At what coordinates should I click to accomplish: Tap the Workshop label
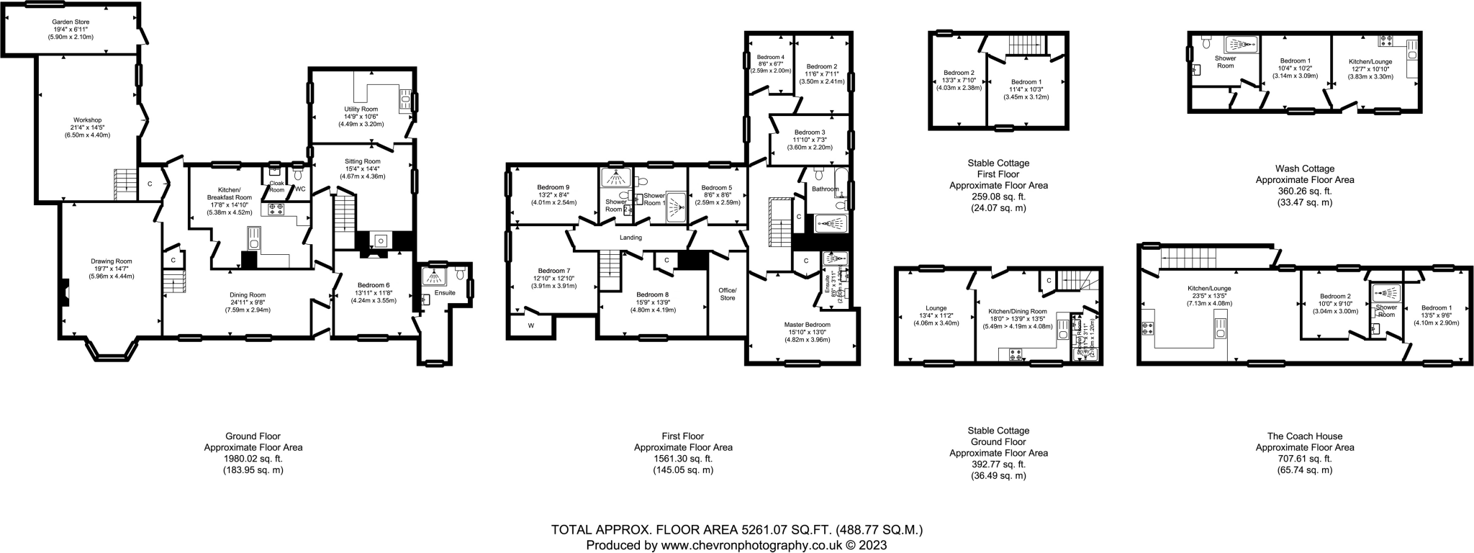tap(87, 120)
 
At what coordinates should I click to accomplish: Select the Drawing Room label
tap(112, 261)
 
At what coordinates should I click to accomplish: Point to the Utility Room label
tap(361, 109)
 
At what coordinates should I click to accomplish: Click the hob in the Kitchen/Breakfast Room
tap(276, 209)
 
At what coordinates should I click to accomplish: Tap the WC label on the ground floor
tap(300, 189)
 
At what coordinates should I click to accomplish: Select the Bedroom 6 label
tap(373, 285)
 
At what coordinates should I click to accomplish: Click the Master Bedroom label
tap(807, 325)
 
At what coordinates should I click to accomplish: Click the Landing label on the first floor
tap(630, 238)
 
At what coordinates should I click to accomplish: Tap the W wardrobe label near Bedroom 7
tap(531, 325)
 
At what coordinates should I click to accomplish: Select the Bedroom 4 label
tap(770, 57)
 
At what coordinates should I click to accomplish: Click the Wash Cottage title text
tap(1304, 168)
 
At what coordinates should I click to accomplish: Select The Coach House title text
tap(1304, 436)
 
